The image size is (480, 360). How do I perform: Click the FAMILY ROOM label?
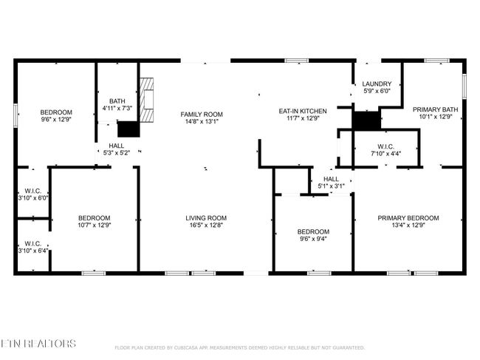[x=202, y=115]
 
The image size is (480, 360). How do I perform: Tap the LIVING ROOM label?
[x=206, y=218]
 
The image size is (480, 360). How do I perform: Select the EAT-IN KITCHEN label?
[x=303, y=111]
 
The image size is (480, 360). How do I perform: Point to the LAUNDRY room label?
[x=377, y=84]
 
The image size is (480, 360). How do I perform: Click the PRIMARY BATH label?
[x=435, y=109]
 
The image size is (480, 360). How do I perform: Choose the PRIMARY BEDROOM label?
[x=408, y=218]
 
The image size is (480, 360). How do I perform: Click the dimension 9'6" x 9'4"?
[x=313, y=239]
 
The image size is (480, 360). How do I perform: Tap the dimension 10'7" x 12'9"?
[x=95, y=225]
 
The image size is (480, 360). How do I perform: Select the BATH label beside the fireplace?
[x=117, y=101]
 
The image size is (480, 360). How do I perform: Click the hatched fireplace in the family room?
[x=147, y=100]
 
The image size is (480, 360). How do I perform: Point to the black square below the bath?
[x=128, y=129]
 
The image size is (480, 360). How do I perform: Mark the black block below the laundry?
[x=366, y=120]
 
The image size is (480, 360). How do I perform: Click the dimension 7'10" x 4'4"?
[x=385, y=154]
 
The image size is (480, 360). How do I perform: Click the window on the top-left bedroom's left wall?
[x=16, y=115]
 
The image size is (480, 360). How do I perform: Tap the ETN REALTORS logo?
[x=38, y=344]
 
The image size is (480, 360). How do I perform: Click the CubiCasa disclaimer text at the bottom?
[x=240, y=347]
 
